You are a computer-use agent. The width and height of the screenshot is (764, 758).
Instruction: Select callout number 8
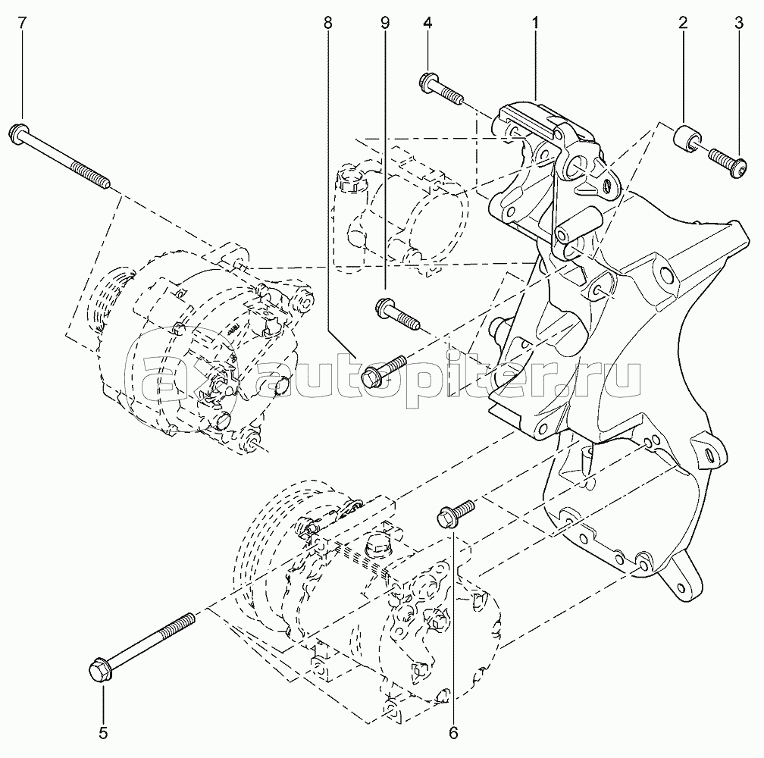click(x=328, y=22)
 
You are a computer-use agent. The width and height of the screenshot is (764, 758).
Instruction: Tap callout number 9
click(x=385, y=22)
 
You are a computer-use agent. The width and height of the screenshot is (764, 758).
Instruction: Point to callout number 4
click(x=427, y=22)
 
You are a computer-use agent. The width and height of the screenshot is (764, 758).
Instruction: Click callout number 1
click(x=535, y=22)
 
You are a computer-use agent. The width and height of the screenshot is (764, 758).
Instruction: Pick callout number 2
click(x=683, y=22)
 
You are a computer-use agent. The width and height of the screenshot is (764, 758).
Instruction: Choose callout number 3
click(x=739, y=22)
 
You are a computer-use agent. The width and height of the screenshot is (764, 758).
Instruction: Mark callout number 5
click(x=103, y=733)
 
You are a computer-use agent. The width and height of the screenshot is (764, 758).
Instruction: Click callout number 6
click(x=453, y=733)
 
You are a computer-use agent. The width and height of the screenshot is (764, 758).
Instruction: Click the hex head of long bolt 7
click(x=18, y=133)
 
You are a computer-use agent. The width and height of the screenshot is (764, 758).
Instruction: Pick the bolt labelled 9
click(x=397, y=314)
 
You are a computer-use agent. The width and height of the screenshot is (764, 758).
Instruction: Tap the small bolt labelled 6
click(x=456, y=513)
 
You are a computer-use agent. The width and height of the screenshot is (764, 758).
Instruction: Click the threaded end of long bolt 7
click(x=91, y=175)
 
